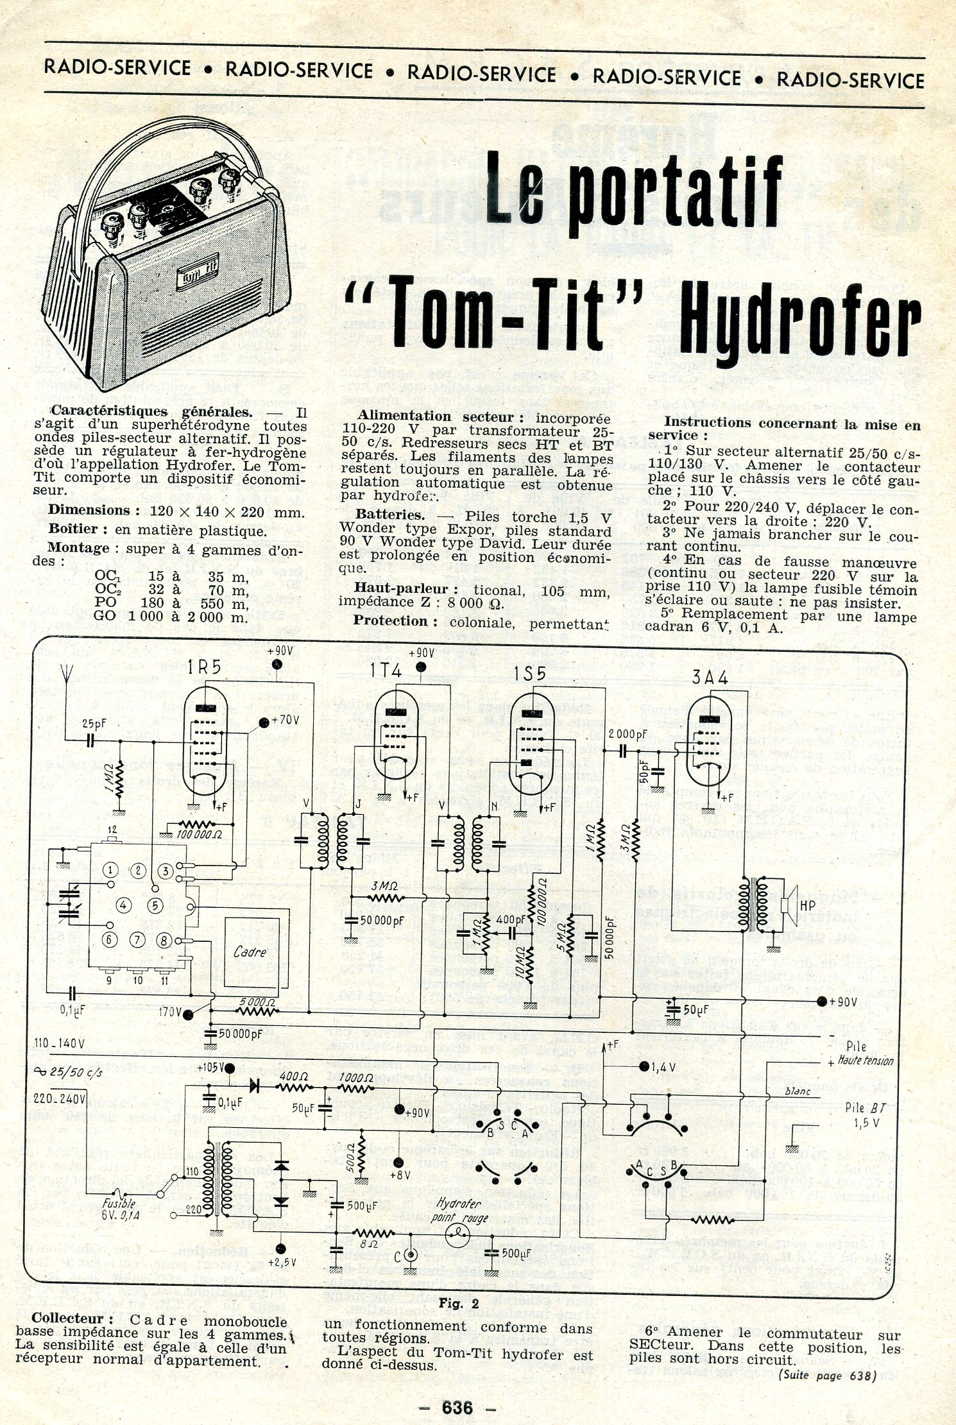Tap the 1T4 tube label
click(x=386, y=671)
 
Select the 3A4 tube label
click(x=710, y=678)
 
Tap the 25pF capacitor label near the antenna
click(x=94, y=724)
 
